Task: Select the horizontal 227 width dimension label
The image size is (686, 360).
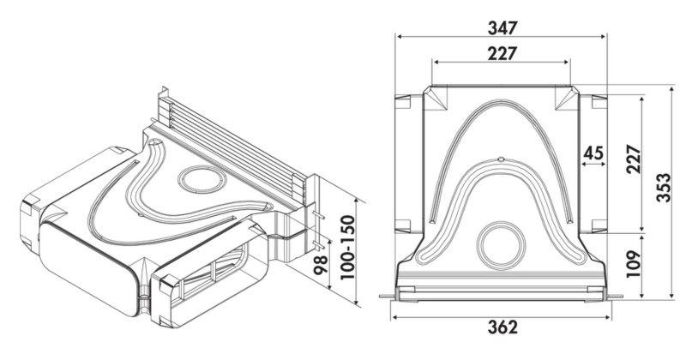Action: point(502,53)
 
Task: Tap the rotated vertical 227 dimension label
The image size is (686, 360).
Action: point(634,159)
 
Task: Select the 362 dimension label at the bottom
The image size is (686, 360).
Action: point(502,327)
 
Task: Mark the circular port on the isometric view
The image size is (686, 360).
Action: point(200,182)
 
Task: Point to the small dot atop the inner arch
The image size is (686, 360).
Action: point(501,158)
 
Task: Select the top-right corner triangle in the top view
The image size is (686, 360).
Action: point(567,99)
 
